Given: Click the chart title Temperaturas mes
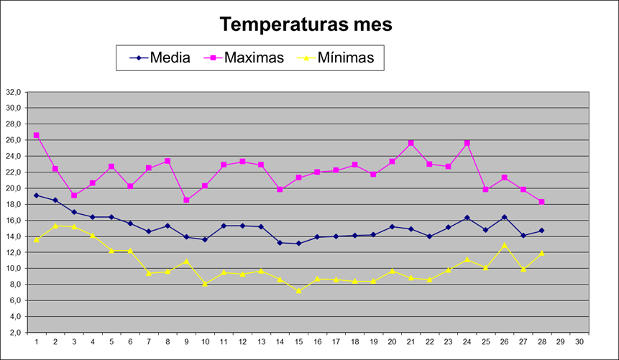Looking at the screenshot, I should tap(306, 24).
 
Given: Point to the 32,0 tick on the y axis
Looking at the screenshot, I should tap(14, 92).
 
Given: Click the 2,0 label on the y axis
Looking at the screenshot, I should tap(15, 333).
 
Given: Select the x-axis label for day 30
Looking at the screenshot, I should tap(579, 342).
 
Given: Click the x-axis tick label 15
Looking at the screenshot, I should tap(298, 342).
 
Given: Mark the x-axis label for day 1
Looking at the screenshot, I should tap(36, 342).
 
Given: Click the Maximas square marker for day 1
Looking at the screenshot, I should tap(36, 135).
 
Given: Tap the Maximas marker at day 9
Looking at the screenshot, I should tap(186, 200).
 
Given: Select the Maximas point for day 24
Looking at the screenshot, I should tap(467, 143).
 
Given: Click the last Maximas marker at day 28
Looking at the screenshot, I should tap(542, 202).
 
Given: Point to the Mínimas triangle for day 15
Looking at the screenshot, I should tap(298, 291).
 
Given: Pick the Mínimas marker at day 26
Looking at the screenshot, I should tap(505, 245).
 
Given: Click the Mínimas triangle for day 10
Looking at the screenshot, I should tap(205, 284).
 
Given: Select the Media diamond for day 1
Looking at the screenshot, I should tap(36, 195).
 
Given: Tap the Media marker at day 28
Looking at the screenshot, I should tap(542, 231).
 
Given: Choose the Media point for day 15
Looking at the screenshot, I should tap(298, 244).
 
